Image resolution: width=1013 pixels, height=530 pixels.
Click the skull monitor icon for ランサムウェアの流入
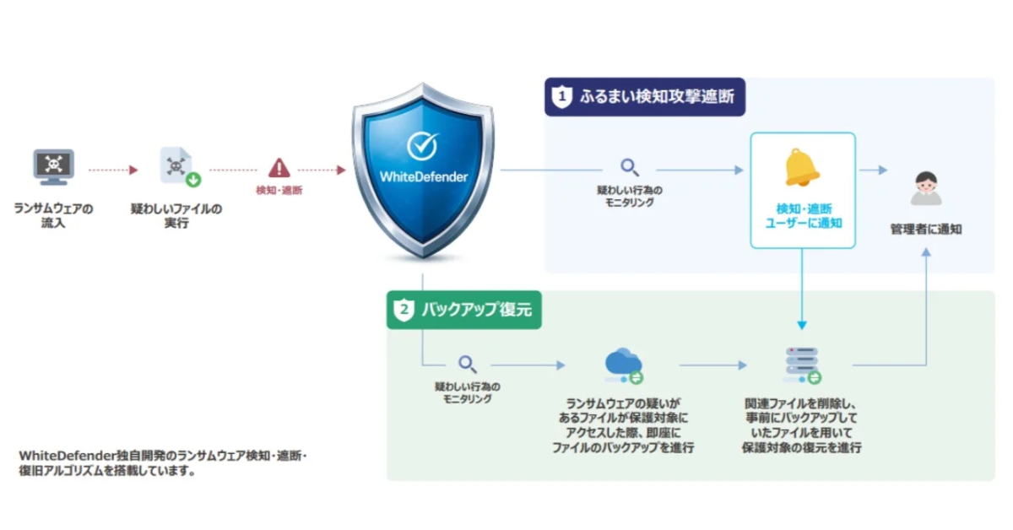click(53, 167)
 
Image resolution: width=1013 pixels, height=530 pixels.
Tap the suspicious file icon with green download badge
click(177, 166)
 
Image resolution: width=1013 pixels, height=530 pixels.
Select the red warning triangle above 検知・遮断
click(279, 168)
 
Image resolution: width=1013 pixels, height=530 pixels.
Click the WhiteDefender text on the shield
click(423, 177)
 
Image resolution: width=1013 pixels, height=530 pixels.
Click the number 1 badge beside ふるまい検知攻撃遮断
click(561, 96)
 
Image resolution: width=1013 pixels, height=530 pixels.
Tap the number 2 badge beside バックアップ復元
click(404, 310)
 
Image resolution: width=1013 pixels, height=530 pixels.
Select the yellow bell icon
click(802, 167)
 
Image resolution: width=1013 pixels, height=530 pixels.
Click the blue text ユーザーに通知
click(802, 224)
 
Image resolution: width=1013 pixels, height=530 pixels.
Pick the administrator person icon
click(925, 188)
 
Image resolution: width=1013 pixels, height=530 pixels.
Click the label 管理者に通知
click(925, 229)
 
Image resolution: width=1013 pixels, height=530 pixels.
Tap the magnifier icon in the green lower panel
click(467, 365)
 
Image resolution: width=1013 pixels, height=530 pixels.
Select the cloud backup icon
click(623, 365)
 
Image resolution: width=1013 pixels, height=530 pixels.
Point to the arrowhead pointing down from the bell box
click(802, 325)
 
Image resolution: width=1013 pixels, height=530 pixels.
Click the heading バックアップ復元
click(476, 310)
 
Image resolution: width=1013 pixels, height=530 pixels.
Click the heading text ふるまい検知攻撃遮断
click(657, 96)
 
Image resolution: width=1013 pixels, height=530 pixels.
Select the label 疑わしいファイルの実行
click(176, 215)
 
